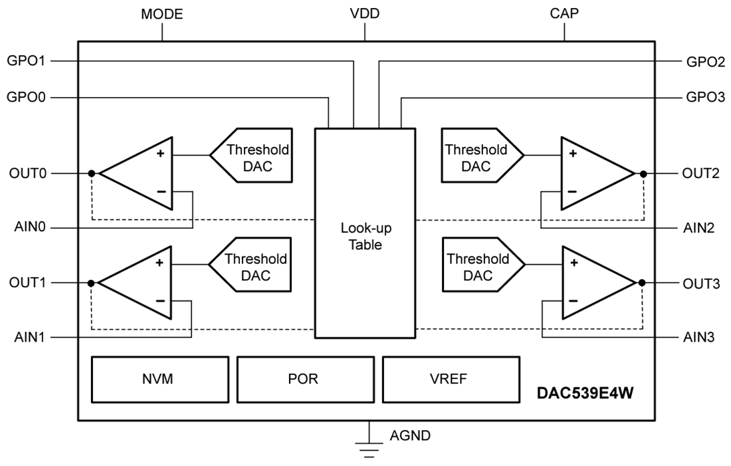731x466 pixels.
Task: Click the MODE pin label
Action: point(161,14)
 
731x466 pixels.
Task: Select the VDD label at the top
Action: point(365,14)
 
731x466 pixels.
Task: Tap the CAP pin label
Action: point(564,14)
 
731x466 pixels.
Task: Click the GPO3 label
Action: point(704,98)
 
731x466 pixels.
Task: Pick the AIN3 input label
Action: point(700,337)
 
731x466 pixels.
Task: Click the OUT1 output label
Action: point(27,283)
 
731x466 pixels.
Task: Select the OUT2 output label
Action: point(700,174)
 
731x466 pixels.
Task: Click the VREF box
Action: point(450,380)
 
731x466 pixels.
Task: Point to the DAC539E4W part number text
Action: point(585,394)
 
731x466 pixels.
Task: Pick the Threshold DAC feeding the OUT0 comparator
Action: point(253,156)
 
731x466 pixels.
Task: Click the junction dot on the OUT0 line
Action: point(92,174)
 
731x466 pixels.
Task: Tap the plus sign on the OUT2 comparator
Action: point(572,154)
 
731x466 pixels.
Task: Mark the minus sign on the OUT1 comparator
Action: point(160,300)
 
